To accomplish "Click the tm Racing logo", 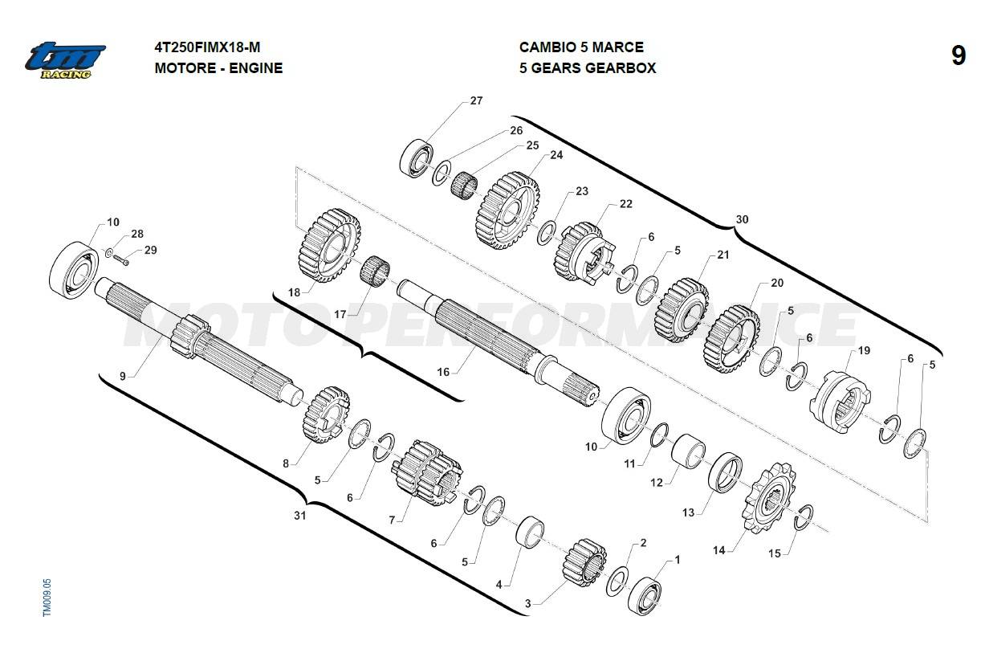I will tap(64, 59).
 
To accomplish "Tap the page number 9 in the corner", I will tap(958, 56).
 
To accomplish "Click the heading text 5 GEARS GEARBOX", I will tap(587, 68).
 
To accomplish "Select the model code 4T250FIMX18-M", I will tap(206, 47).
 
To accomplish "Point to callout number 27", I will tap(476, 101).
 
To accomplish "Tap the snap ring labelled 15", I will tap(804, 518).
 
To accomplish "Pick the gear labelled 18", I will tap(329, 244).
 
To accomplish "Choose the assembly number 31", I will tap(299, 516).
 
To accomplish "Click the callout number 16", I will tap(443, 372).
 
